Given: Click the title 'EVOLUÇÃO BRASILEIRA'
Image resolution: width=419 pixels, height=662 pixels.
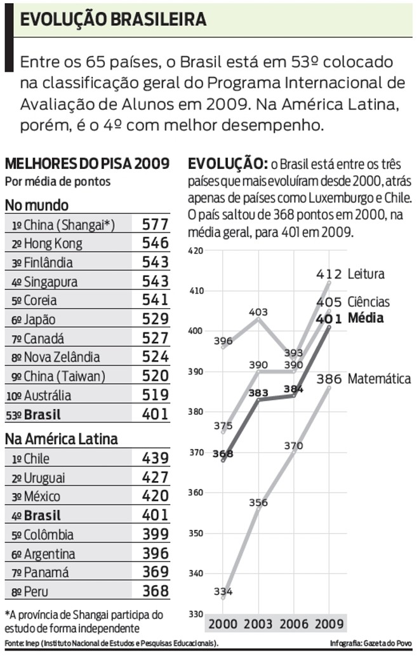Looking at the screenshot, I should click(x=113, y=19).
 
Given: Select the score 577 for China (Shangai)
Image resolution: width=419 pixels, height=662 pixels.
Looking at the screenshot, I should click(x=156, y=224).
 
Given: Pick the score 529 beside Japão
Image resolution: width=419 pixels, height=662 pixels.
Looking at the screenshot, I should click(x=156, y=320).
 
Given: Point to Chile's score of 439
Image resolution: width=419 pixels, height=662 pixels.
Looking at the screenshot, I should click(x=156, y=458).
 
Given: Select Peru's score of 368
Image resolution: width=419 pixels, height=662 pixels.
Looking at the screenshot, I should click(x=156, y=591).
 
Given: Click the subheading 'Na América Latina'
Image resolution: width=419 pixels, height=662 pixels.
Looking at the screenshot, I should click(x=61, y=438).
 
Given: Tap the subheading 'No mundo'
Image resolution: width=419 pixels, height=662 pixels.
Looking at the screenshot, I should click(x=37, y=205).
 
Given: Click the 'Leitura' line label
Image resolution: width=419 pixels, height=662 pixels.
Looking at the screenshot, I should click(x=366, y=274).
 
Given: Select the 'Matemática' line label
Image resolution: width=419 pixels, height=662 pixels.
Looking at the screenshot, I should click(x=379, y=379).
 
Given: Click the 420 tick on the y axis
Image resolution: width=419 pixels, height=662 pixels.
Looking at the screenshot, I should click(x=196, y=250).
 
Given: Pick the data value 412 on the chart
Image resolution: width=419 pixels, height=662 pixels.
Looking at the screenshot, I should click(x=330, y=274).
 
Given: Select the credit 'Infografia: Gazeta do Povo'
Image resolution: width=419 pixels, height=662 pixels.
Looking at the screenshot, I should click(x=371, y=644).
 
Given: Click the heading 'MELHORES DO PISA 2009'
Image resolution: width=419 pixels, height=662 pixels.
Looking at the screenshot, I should click(x=87, y=164).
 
